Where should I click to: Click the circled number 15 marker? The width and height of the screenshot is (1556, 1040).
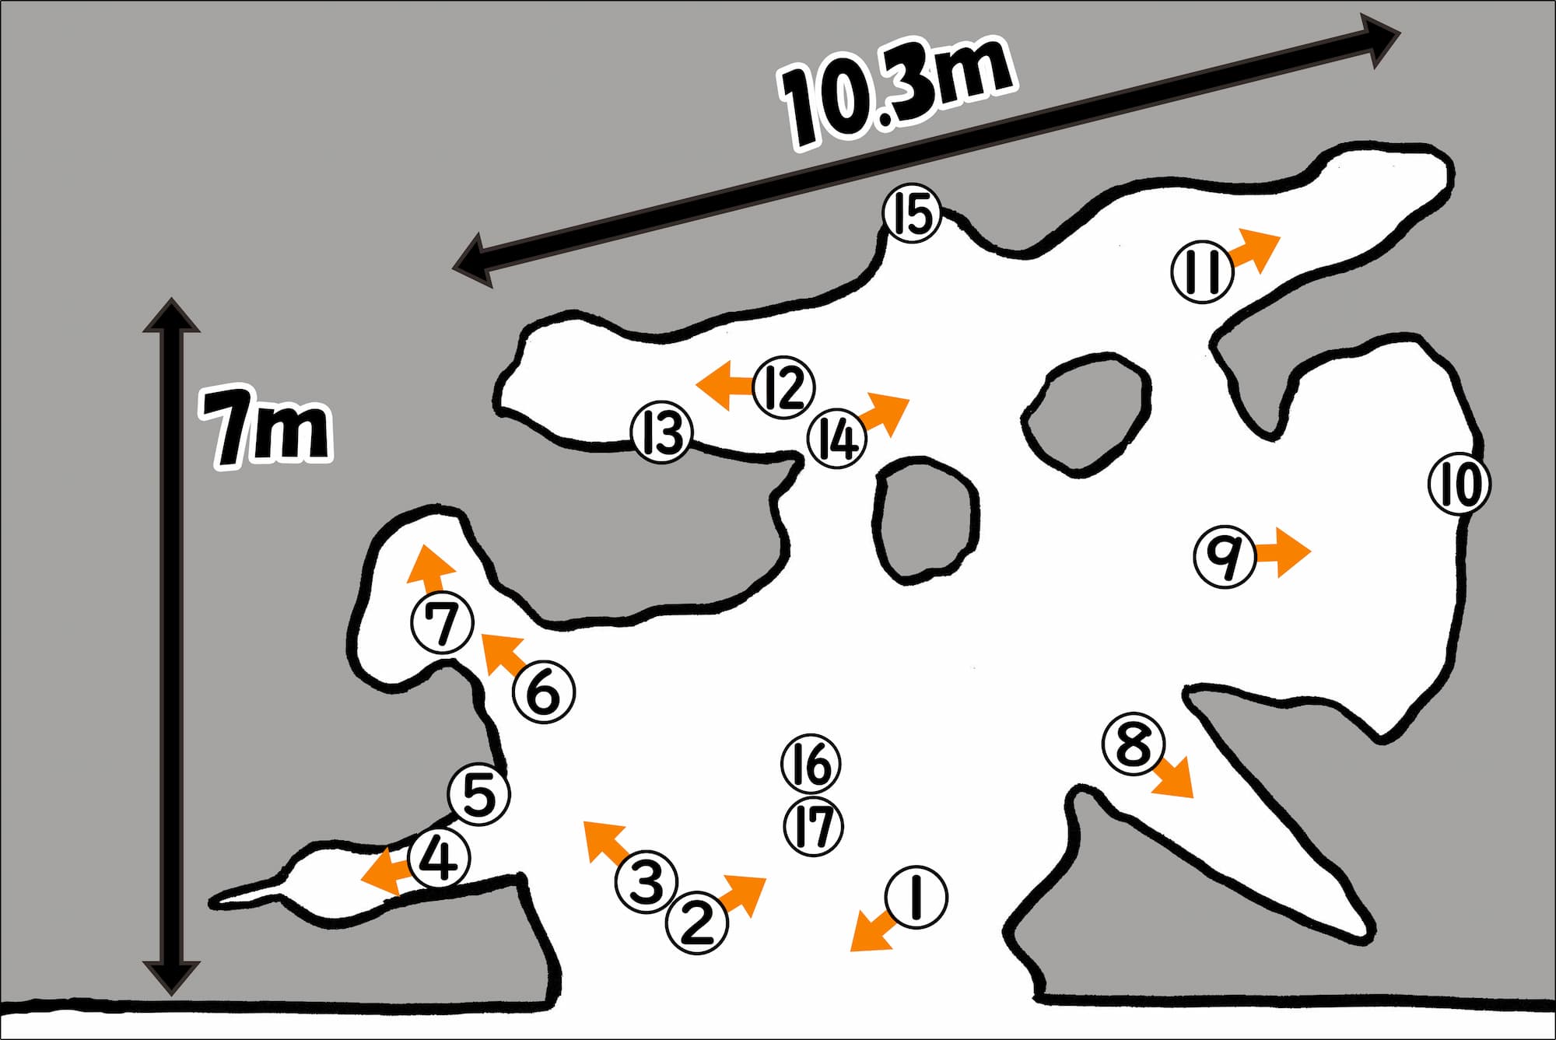(x=912, y=215)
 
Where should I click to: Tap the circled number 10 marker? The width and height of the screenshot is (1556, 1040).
(x=1460, y=484)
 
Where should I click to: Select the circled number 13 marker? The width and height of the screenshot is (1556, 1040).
(x=661, y=433)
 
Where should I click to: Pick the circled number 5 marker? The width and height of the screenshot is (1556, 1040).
(x=479, y=794)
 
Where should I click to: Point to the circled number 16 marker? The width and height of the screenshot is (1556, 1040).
(x=811, y=764)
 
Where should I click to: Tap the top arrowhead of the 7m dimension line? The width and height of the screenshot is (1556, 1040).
(x=170, y=315)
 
